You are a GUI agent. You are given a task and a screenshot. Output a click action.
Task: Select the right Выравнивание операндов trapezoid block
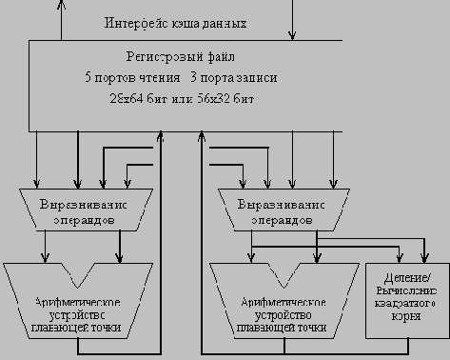280,212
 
